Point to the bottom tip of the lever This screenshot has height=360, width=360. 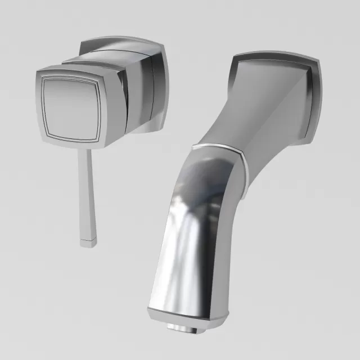click(x=88, y=243)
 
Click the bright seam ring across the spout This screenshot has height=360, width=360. click(x=219, y=148)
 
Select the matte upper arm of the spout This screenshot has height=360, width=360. click(x=264, y=124)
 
